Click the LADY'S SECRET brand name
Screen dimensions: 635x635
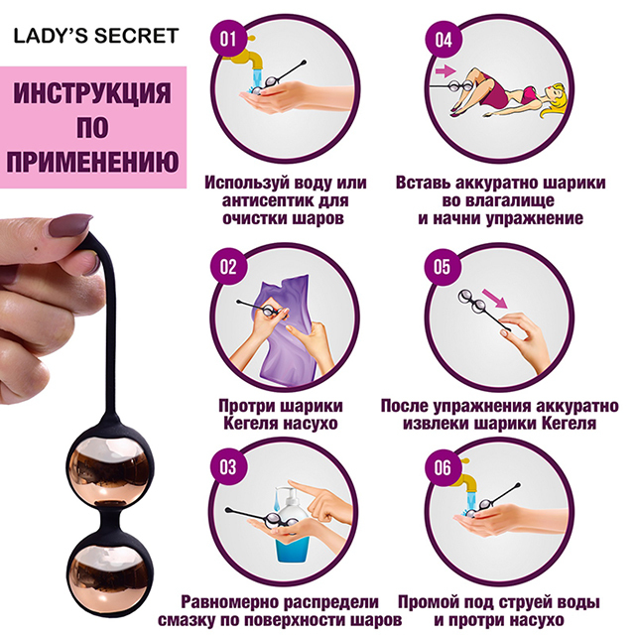pyautogui.click(x=96, y=36)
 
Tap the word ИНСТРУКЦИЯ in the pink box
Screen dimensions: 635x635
pyautogui.click(x=92, y=92)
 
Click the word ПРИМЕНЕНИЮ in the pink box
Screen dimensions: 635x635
pyautogui.click(x=92, y=161)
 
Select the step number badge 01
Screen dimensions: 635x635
pyautogui.click(x=228, y=39)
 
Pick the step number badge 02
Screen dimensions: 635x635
pyautogui.click(x=228, y=267)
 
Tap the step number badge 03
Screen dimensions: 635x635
pyautogui.click(x=227, y=466)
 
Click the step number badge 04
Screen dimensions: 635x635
pyautogui.click(x=444, y=40)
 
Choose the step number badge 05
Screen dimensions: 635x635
pyautogui.click(x=443, y=267)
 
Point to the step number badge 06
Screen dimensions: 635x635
pyautogui.click(x=443, y=467)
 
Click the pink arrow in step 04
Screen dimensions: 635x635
pyautogui.click(x=445, y=71)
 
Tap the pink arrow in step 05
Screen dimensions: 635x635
pyautogui.click(x=495, y=299)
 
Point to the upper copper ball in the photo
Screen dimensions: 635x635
pyautogui.click(x=110, y=471)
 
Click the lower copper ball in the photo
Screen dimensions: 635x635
pyautogui.click(x=110, y=574)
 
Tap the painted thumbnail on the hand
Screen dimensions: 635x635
pyautogui.click(x=69, y=226)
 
